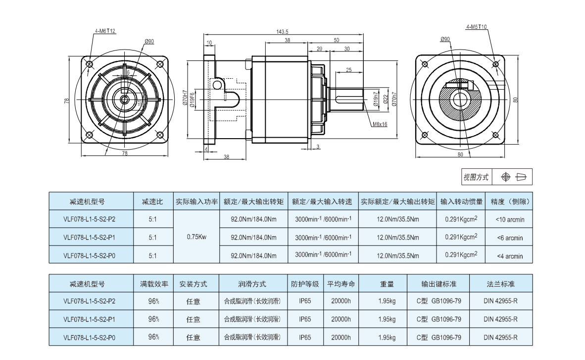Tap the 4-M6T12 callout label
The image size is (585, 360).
point(105,31)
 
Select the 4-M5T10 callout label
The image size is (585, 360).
point(476,27)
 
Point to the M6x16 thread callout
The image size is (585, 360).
point(380,125)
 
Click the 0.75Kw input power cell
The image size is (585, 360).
point(196,237)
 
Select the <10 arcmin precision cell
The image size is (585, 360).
point(509,219)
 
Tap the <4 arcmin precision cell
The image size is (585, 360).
point(509,256)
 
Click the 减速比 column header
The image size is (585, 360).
point(152,202)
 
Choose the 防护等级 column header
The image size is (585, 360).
point(304,284)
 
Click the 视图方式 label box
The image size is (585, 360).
point(476,177)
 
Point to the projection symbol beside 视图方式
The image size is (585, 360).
point(513,177)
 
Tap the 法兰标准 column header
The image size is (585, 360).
point(500,284)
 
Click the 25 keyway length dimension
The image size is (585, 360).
point(349,70)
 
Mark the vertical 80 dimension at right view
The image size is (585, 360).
point(515,100)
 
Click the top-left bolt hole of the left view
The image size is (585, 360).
point(90,64)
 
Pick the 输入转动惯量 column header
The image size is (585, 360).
point(461,202)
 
